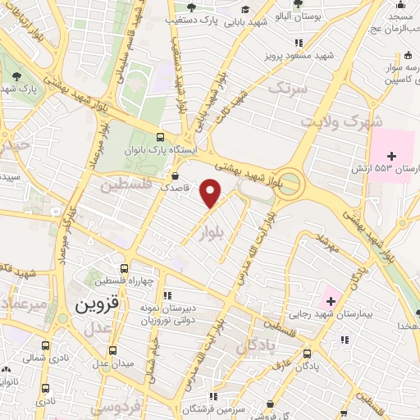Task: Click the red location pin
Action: (212, 193)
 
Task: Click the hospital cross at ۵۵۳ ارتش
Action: (392, 156)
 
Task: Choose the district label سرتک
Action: (290, 86)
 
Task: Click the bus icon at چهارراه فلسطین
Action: (123, 268)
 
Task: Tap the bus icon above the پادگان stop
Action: (307, 354)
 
